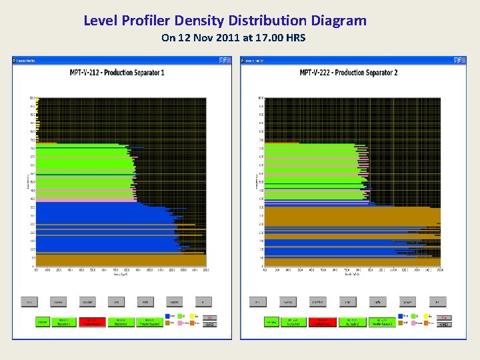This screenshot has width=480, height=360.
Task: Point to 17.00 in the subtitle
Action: [264, 38]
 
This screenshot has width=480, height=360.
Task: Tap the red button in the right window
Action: [322, 322]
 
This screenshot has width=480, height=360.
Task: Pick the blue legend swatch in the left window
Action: [167, 317]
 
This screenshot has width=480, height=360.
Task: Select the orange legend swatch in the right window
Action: [428, 323]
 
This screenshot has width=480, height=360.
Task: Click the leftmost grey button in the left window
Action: [29, 302]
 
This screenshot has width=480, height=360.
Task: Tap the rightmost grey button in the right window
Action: [437, 302]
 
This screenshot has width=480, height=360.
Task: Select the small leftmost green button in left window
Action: [43, 322]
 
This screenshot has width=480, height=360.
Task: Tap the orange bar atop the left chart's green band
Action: [47, 143]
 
